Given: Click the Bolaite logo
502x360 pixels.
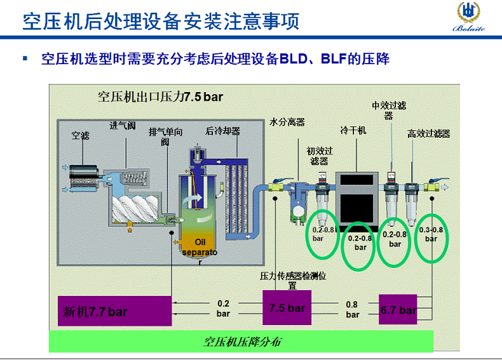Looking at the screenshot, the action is [x=468, y=17].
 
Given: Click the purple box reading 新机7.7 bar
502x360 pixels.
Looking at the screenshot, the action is [x=114, y=310].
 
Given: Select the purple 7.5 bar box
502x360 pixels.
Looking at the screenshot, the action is [x=287, y=307].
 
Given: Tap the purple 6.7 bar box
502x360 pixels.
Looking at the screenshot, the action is [x=398, y=309].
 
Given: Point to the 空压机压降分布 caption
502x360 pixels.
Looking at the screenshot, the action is [x=242, y=342].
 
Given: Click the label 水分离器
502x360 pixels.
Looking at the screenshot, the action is [x=287, y=122].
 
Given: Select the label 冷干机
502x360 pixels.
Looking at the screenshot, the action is [x=353, y=130].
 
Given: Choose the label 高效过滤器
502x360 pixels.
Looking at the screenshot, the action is [x=428, y=133].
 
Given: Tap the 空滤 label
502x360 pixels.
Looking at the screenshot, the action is [x=80, y=136].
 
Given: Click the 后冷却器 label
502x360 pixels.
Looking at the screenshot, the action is [x=223, y=131].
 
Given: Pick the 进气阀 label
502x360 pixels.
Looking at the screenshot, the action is [x=123, y=126].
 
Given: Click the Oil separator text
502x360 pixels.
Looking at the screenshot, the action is [x=200, y=252].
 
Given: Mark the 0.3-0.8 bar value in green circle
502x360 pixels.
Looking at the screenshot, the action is [x=431, y=234].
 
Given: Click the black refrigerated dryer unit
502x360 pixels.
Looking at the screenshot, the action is [x=356, y=198].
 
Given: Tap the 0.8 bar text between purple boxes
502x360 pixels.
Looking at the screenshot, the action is [x=352, y=309].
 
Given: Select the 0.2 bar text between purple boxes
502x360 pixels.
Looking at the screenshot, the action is [x=223, y=309].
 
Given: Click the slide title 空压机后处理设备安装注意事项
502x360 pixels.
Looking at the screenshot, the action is [x=161, y=21].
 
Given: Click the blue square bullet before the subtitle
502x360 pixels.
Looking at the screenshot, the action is [x=25, y=58].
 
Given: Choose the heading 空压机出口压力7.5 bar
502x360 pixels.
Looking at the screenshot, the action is [x=160, y=97].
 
